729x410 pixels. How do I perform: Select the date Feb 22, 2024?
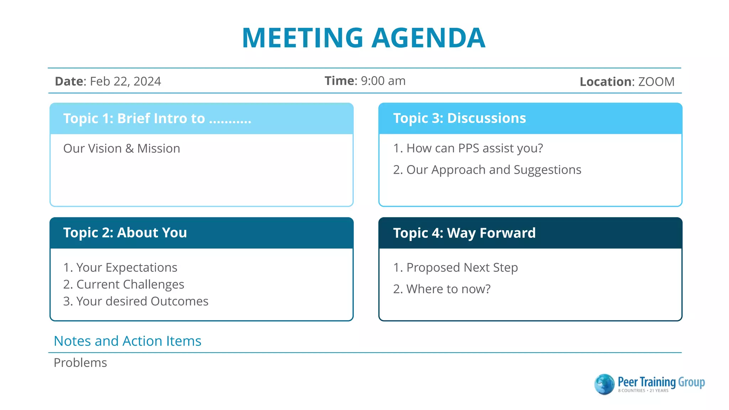[125, 82]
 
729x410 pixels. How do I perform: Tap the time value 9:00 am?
[383, 81]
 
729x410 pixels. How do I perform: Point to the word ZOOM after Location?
[656, 82]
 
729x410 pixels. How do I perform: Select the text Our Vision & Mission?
[121, 148]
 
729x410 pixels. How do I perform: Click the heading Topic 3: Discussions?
[459, 118]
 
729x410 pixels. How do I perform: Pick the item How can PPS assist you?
[474, 148]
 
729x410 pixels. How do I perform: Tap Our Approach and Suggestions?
[493, 170]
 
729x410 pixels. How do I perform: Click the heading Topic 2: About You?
[125, 233]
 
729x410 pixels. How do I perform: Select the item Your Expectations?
[126, 267]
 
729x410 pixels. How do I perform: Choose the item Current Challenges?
[130, 284]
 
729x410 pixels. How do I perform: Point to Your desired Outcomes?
[142, 301]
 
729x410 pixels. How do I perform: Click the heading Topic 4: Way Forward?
[464, 233]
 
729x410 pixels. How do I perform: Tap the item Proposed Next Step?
[462, 267]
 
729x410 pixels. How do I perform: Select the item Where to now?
[448, 289]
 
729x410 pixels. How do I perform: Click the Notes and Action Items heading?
[127, 341]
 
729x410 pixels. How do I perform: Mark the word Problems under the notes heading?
[80, 363]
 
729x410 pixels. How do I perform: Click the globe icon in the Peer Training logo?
[604, 384]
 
